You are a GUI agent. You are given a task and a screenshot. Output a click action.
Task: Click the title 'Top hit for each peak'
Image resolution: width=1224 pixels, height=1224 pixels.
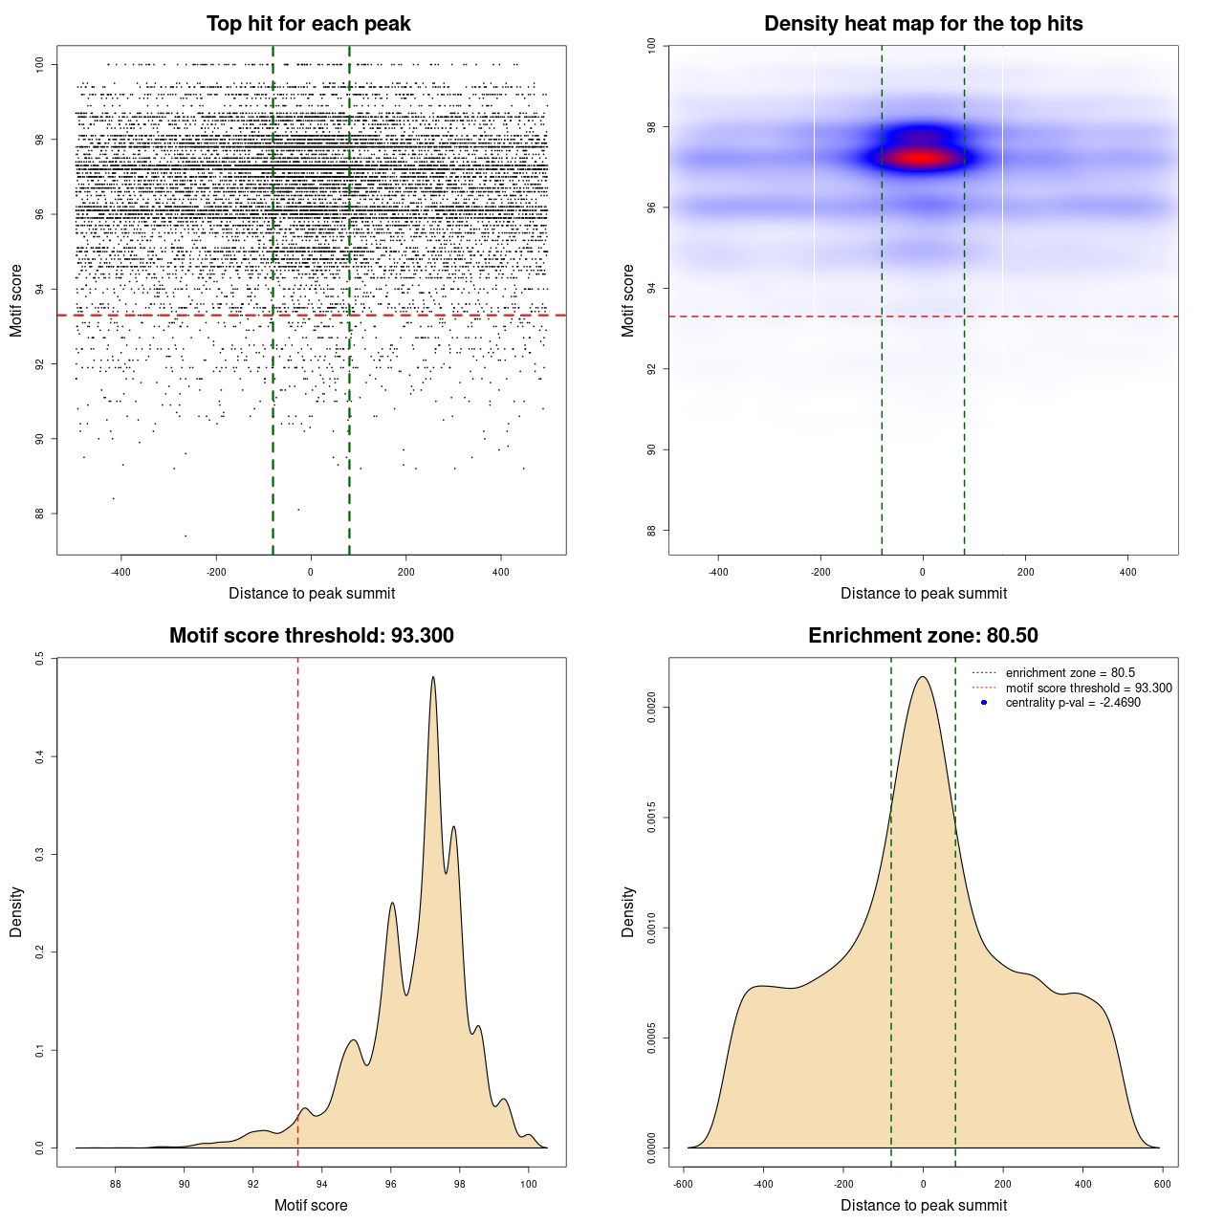309,24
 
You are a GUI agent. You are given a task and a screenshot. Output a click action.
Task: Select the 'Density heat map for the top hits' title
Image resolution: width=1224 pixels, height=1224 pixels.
923,24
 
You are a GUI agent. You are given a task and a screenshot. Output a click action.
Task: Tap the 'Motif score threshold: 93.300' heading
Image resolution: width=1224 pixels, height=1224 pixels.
311,636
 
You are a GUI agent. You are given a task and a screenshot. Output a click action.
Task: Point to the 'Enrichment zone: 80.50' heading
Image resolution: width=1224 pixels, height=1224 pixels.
923,636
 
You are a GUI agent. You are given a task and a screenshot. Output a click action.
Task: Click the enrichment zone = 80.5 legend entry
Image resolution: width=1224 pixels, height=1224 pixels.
1070,673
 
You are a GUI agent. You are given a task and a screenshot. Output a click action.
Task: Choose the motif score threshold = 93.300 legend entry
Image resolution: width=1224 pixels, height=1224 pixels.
1088,688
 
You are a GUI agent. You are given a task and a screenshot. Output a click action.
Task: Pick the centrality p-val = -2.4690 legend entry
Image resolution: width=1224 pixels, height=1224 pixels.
1073,703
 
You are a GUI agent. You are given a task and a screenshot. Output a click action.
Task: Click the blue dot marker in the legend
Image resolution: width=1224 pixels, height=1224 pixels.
984,703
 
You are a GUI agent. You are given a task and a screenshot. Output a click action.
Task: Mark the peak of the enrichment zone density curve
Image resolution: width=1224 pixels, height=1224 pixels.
923,677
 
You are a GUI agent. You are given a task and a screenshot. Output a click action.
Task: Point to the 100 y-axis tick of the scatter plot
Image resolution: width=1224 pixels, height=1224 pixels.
39,64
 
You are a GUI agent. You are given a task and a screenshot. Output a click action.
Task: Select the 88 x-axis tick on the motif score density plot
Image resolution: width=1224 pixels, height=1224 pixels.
116,1184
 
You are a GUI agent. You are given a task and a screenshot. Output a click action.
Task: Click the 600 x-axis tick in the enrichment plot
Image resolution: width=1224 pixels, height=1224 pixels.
1162,1184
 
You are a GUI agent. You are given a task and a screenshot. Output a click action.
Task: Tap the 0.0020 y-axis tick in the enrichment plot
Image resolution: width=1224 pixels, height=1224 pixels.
651,708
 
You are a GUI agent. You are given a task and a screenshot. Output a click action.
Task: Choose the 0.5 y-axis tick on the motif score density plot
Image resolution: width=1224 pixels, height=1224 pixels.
39,658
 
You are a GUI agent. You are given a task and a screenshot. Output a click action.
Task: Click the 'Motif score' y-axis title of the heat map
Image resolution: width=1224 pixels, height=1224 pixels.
627,300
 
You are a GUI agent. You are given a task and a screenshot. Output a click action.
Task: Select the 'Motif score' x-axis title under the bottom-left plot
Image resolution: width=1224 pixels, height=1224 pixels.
311,1205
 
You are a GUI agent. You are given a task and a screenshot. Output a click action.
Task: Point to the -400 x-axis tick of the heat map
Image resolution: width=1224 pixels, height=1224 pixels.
718,572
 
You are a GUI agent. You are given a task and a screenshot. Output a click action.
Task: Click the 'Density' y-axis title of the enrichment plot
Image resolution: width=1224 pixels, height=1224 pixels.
627,911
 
